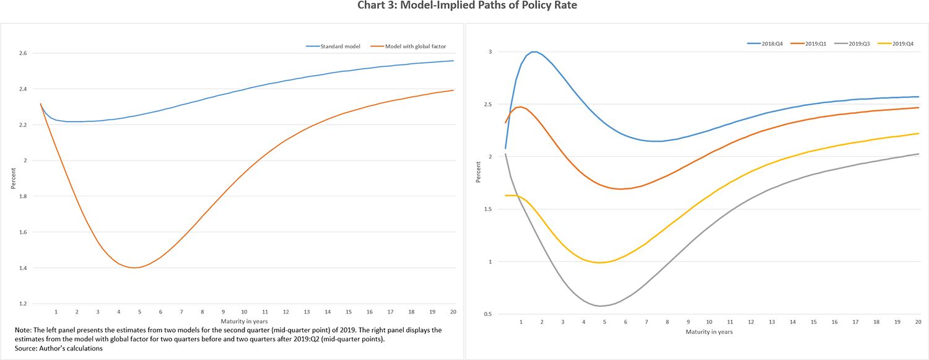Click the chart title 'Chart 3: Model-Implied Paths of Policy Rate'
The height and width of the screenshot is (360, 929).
tap(464, 7)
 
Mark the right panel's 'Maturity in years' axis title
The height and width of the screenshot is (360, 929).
tap(709, 332)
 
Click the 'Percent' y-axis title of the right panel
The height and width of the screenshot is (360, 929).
tap(478, 174)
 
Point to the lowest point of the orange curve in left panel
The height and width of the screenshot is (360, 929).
tap(133, 268)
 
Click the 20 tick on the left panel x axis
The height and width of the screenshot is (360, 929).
tap(453, 312)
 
